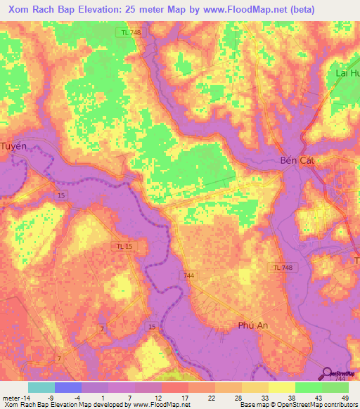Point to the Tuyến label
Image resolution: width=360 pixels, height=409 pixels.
[x=14, y=146]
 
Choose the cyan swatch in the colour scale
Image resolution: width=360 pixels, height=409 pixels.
[x=41, y=387]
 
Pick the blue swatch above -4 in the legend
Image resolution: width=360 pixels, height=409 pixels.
[x=68, y=387]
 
